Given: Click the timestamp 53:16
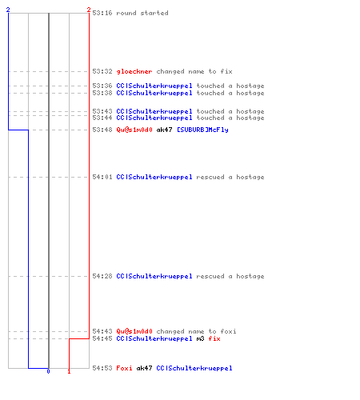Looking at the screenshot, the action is (x=102, y=13).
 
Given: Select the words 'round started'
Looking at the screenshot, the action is (x=142, y=13).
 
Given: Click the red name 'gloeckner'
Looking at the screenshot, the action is (x=134, y=71).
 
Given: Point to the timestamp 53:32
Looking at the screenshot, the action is (x=102, y=71).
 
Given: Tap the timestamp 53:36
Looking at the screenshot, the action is (x=102, y=86).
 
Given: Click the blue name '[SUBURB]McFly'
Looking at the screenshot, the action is (x=202, y=130).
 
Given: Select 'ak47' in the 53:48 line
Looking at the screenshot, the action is (x=164, y=130).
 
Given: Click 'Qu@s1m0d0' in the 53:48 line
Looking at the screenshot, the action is (x=134, y=130).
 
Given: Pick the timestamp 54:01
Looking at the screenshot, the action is (x=102, y=177).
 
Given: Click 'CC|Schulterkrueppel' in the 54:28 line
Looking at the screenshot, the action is (x=154, y=276).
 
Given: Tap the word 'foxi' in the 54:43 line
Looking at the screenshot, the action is (x=228, y=331).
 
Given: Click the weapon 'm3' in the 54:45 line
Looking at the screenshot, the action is (x=200, y=338).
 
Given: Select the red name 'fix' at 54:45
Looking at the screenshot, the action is (x=214, y=338).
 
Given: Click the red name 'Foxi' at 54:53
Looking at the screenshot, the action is (x=124, y=368).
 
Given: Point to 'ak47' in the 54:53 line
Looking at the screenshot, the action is (x=144, y=368).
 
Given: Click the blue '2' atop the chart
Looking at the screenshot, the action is (x=8, y=10).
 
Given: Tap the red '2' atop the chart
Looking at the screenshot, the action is (x=89, y=10).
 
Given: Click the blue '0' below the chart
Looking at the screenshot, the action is (x=48, y=371).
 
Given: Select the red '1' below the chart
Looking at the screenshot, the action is (x=69, y=371).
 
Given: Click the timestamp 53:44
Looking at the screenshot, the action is (x=102, y=118).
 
